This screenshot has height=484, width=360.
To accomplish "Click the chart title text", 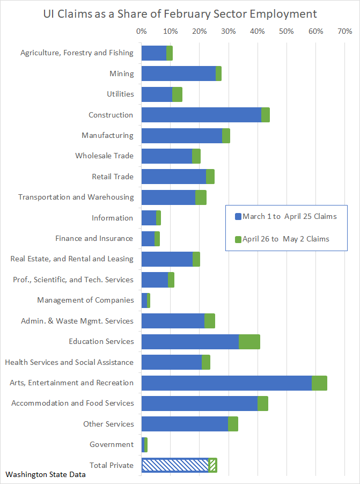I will pyautogui.click(x=180, y=14).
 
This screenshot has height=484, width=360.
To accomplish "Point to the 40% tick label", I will pyautogui.click(x=258, y=31).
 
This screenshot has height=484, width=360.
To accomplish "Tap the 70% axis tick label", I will pyautogui.click(x=344, y=31).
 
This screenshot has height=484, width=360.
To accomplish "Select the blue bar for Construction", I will pyautogui.click(x=201, y=115).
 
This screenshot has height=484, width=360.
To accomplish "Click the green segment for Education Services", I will pyautogui.click(x=249, y=342).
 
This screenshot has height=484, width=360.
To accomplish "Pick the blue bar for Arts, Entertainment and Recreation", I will pyautogui.click(x=226, y=383).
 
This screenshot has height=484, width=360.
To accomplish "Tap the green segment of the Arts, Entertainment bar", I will pyautogui.click(x=320, y=383).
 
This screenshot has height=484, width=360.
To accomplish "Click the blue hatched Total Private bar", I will pyautogui.click(x=175, y=465).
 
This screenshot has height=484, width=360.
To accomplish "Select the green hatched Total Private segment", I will pyautogui.click(x=213, y=465).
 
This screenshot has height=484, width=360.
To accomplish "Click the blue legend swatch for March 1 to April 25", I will pyautogui.click(x=238, y=217).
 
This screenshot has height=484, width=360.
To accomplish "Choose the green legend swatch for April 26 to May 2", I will pyautogui.click(x=238, y=239).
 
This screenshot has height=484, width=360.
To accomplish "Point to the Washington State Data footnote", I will pyautogui.click(x=46, y=475).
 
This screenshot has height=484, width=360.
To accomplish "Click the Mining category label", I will pyautogui.click(x=122, y=74).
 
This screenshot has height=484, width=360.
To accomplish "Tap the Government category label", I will pyautogui.click(x=112, y=444).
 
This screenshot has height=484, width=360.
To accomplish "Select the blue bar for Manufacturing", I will pyautogui.click(x=182, y=136).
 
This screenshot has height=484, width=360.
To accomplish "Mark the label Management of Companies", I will pyautogui.click(x=85, y=300).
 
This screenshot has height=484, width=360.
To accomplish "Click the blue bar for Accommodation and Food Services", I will pyautogui.click(x=200, y=404).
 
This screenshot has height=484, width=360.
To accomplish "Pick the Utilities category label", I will pyautogui.click(x=120, y=94).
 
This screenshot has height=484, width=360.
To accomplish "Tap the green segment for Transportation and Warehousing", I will pyautogui.click(x=201, y=197).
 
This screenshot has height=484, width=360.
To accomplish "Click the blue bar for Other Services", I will pyautogui.click(x=185, y=424).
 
